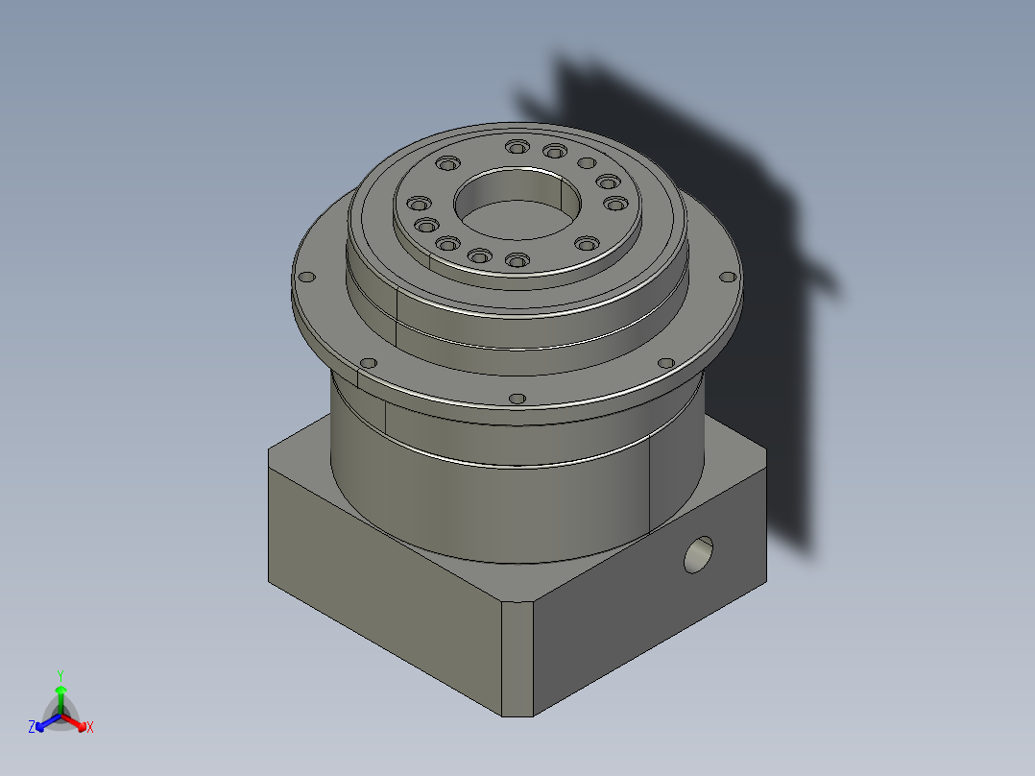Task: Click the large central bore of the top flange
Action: point(517,205)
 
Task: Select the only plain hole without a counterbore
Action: point(586,162)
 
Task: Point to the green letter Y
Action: point(60,674)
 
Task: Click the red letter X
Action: point(90,728)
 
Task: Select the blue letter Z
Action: point(32,728)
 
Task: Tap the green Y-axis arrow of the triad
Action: point(60,695)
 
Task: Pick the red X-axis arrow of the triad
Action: point(76,721)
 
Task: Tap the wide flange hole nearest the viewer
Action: point(517,398)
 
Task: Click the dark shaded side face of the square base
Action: point(653,615)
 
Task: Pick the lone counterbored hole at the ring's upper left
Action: point(447,163)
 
